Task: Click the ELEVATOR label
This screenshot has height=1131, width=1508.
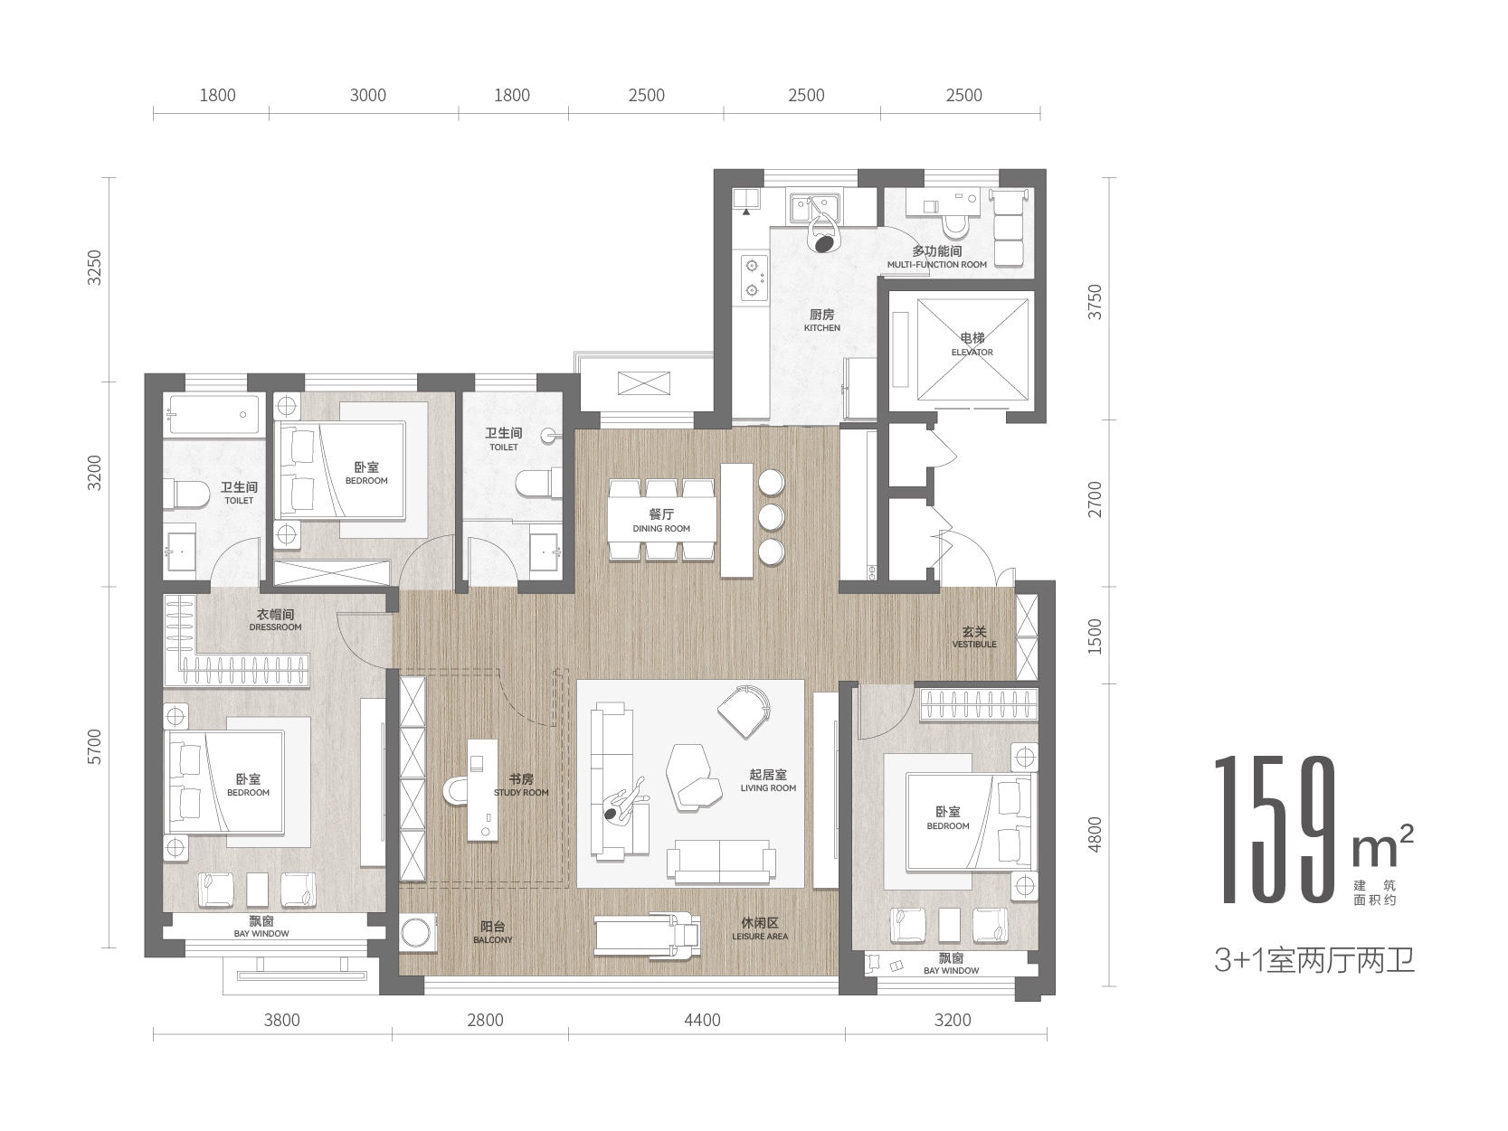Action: coord(972,352)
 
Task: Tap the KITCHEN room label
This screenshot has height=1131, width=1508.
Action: coord(821,328)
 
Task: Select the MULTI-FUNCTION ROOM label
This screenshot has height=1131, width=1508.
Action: coord(936,265)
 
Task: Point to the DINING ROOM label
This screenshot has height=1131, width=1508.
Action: coord(661,529)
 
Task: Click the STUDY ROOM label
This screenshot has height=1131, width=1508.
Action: coord(521,793)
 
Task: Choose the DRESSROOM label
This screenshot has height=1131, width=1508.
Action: coord(275,627)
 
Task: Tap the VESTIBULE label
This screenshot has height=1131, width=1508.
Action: coord(974,645)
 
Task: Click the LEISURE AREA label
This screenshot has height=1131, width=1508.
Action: coord(760,936)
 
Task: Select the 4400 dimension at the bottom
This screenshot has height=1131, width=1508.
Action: coord(702,1021)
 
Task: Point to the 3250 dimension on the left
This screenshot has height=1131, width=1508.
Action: coord(95,268)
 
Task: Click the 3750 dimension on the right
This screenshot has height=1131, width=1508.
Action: coord(1095,301)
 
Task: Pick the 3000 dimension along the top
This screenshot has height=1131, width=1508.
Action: coord(367,96)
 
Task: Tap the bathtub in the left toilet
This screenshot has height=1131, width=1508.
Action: coord(214,414)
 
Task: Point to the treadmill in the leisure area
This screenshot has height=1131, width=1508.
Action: coord(648,934)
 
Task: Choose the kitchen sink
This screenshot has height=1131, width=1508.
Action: coord(814,207)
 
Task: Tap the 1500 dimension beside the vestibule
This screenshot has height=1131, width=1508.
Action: coord(1095,636)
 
